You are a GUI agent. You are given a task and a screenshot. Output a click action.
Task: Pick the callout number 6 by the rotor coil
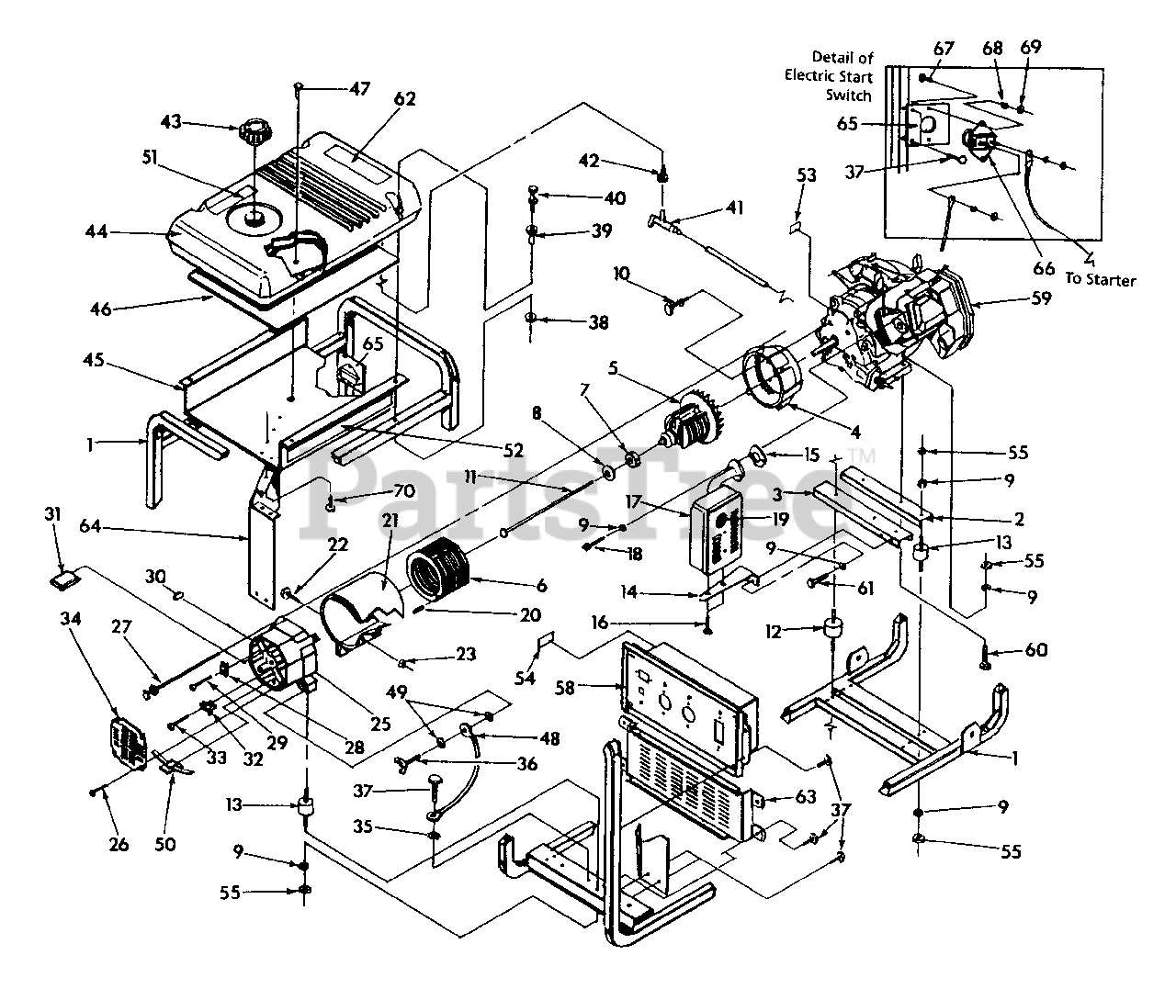(x=543, y=585)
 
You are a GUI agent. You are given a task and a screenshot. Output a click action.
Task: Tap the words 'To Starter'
(x=1100, y=280)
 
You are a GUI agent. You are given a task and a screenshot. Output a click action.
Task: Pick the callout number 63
(x=806, y=797)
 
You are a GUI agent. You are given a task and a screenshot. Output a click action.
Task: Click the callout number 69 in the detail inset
(x=1032, y=47)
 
